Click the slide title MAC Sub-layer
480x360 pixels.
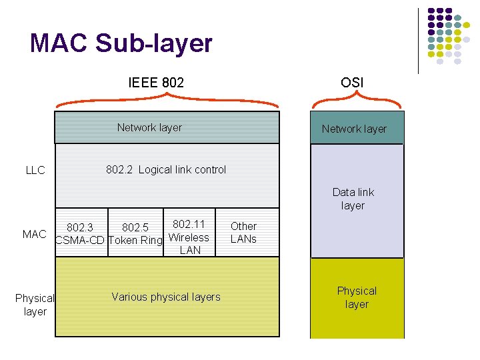click(x=121, y=43)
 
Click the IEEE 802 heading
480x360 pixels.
click(x=156, y=83)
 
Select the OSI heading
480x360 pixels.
click(x=352, y=83)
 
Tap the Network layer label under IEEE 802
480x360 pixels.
click(x=149, y=127)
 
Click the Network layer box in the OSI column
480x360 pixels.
click(x=354, y=129)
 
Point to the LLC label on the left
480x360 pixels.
click(x=35, y=170)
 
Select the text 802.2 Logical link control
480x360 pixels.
click(x=166, y=169)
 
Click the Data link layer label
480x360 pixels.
click(x=353, y=199)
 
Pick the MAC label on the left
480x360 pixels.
click(x=35, y=234)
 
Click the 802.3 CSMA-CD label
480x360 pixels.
click(x=79, y=234)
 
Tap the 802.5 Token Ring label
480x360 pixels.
click(x=135, y=234)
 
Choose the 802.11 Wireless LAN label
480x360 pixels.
click(x=189, y=237)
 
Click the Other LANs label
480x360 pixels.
click(x=243, y=233)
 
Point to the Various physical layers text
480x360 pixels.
click(x=166, y=297)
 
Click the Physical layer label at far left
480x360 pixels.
click(x=35, y=305)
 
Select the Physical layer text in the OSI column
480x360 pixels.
click(x=357, y=297)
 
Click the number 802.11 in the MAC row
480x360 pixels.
click(x=189, y=225)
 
